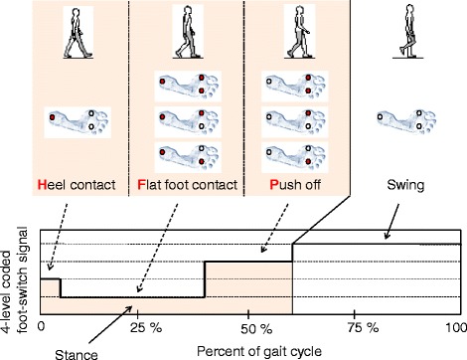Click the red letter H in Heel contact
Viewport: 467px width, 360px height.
pos(43,185)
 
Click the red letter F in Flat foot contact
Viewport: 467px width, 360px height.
pos(141,185)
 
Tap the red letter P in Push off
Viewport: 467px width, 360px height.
pos(274,185)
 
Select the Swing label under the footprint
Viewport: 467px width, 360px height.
pos(405,185)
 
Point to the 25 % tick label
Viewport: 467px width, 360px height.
pos(146,328)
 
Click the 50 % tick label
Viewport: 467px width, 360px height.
pos(256,329)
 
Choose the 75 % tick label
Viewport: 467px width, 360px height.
pos(363,328)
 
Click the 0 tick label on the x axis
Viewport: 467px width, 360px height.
pos(41,326)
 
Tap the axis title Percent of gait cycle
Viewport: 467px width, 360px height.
pos(259,351)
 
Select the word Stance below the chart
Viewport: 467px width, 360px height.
pos(77,354)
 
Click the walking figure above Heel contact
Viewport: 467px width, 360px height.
pos(78,33)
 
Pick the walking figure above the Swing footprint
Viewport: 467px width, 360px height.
pos(408,31)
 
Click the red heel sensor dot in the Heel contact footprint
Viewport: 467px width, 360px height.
pos(52,117)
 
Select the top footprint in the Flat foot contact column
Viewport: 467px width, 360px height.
pos(188,87)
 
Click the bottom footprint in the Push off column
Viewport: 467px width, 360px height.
pos(295,157)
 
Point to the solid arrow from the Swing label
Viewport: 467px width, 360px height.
pos(392,222)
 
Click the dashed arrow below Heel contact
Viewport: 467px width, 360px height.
pos(58,237)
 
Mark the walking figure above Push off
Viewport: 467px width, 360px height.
pos(299,32)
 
